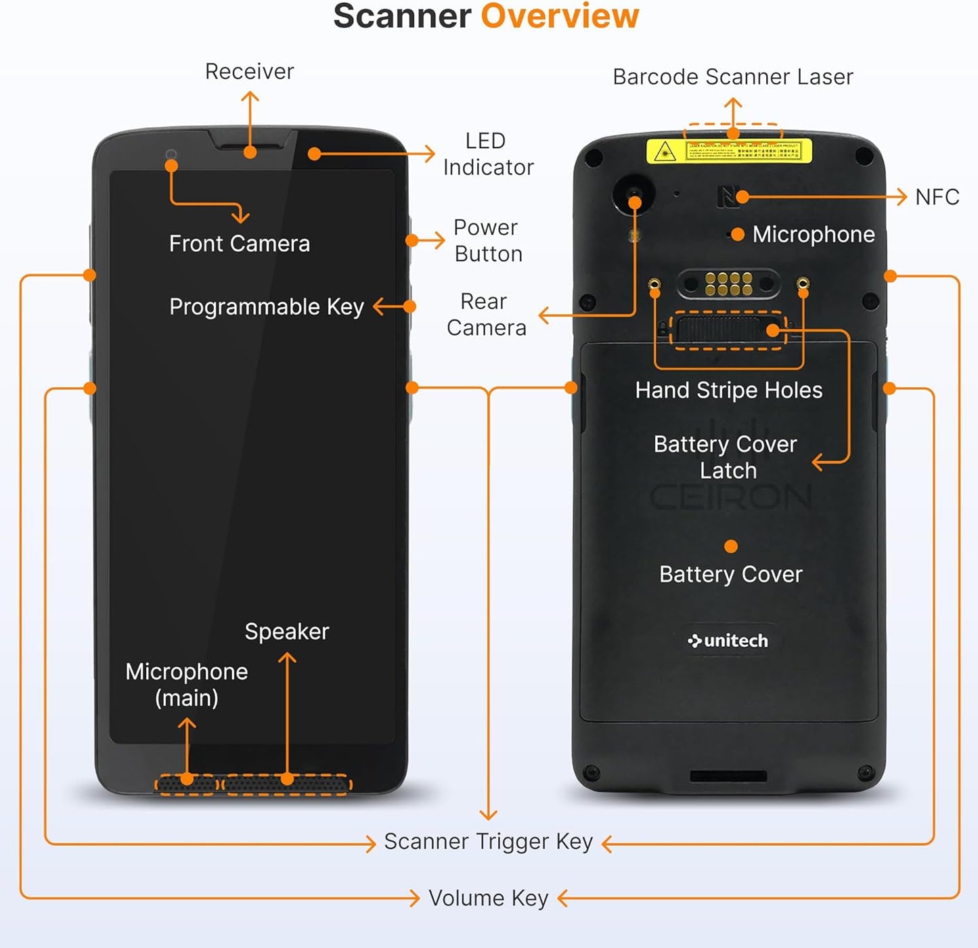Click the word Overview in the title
(559, 16)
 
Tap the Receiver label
(249, 72)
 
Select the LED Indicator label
(488, 154)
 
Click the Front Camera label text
(239, 244)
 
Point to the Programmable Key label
(266, 307)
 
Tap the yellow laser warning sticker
(729, 151)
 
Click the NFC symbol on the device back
(727, 197)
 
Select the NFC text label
(937, 197)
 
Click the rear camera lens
(634, 194)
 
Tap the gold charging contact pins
(728, 284)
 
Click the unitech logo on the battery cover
(728, 641)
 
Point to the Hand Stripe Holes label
(728, 390)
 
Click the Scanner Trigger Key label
(488, 842)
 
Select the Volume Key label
(488, 899)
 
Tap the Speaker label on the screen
(286, 632)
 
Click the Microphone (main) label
(187, 685)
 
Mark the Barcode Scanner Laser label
(732, 77)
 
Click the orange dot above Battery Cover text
(730, 547)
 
